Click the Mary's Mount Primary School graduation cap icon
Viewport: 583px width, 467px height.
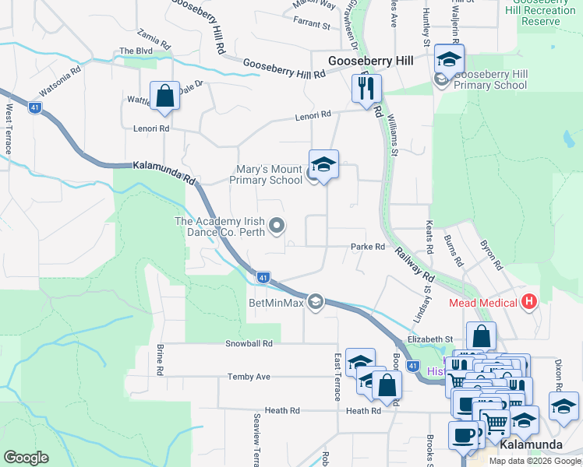[x=323, y=164]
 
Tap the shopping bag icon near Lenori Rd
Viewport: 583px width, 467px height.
[x=165, y=97]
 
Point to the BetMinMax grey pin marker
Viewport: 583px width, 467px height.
[x=316, y=301]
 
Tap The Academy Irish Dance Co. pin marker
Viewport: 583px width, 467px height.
[x=277, y=226]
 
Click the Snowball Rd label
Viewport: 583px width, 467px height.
[x=249, y=342]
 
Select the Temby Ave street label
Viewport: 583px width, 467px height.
[x=249, y=377]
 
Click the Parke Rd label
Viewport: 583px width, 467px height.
[x=368, y=247]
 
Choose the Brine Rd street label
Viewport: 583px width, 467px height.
[x=160, y=359]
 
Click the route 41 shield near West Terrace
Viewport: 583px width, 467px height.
[x=35, y=108]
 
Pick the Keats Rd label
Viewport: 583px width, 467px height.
[x=429, y=238]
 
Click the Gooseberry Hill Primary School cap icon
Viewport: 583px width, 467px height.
[x=450, y=58]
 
